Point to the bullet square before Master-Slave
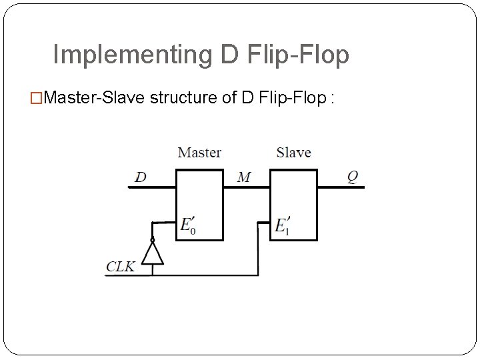pos(37,99)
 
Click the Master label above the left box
pos(199,153)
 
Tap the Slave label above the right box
pos(293,153)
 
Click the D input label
pos(141,177)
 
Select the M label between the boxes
pos(244,177)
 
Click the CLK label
pos(121,267)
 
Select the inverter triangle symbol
pos(153,253)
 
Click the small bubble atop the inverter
pos(153,239)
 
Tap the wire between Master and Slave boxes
pos(246,187)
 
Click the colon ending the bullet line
pos(331,99)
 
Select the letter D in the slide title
pos(229,55)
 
